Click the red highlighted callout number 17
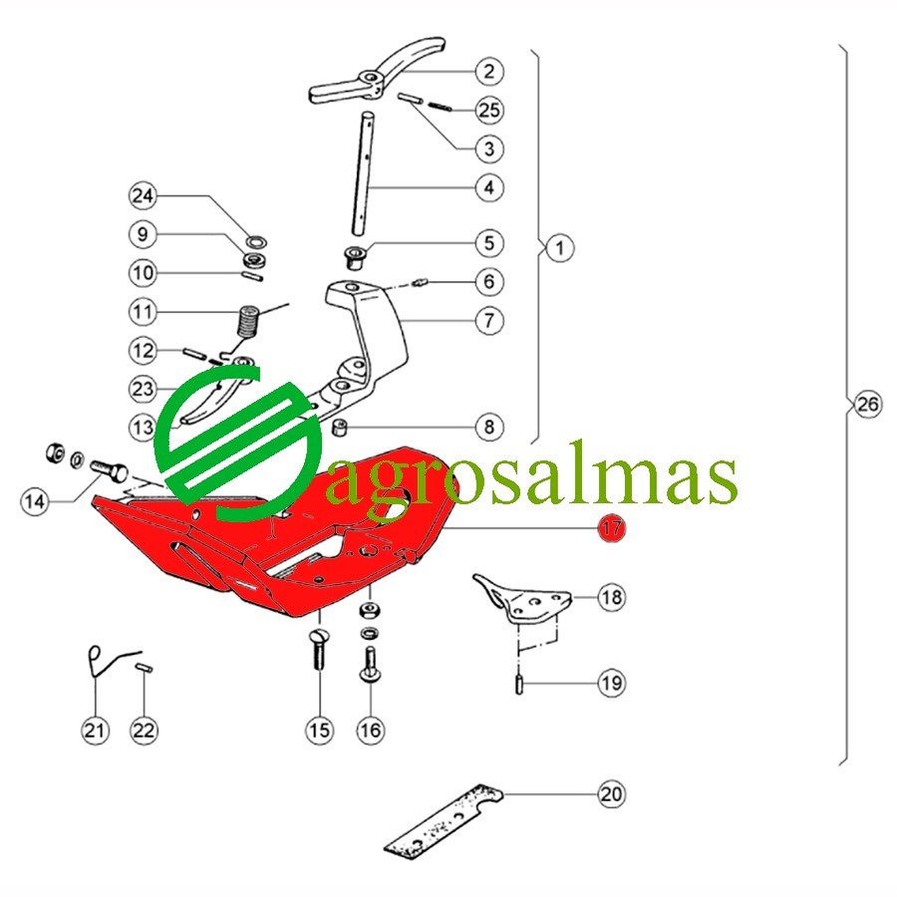tap(612, 527)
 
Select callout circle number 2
tap(489, 72)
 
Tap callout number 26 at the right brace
tap(867, 405)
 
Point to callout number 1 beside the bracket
tap(559, 248)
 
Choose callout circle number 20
tap(612, 794)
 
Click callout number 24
tap(143, 195)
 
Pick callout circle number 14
tap(34, 501)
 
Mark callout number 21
tap(95, 730)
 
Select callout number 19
tap(612, 683)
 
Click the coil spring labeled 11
tap(249, 323)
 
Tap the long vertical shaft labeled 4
tap(364, 172)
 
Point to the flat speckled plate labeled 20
tap(444, 821)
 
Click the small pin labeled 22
tap(145, 668)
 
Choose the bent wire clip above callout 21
tap(112, 661)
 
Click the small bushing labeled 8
tap(341, 427)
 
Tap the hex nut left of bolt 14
tap(55, 452)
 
